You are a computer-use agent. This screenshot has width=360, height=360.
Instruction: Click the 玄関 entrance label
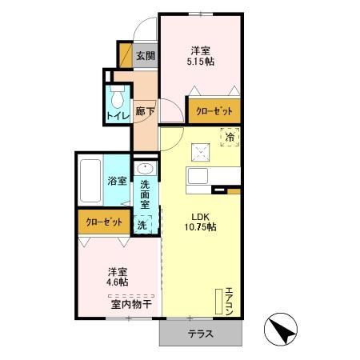pyautogui.click(x=145, y=56)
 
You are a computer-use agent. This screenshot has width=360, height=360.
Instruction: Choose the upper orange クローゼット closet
pyautogui.click(x=214, y=112)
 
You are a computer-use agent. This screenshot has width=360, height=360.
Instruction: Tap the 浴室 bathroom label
pyautogui.click(x=118, y=180)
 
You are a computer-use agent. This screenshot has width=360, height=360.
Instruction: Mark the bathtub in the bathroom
pyautogui.click(x=90, y=181)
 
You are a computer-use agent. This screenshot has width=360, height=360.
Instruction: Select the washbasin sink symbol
pyautogui.click(x=145, y=170)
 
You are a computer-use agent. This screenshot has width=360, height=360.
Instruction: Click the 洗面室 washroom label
pyautogui.click(x=145, y=194)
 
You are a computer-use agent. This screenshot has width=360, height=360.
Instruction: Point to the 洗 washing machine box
pyautogui.click(x=142, y=226)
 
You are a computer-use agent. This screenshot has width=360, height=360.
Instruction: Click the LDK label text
pyautogui.click(x=200, y=214)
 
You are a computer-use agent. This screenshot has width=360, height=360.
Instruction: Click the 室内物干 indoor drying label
pyautogui.click(x=130, y=303)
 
